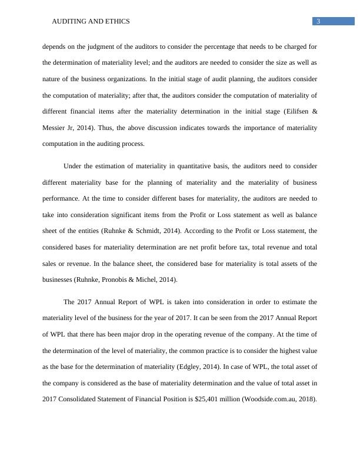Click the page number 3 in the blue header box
318,22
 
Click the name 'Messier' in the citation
55,128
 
